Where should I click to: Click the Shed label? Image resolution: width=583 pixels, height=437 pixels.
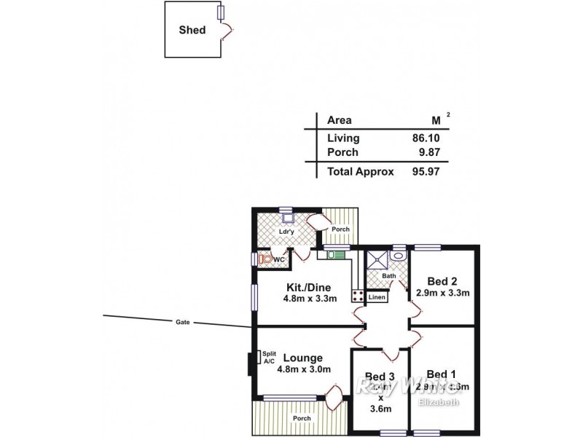[192, 30]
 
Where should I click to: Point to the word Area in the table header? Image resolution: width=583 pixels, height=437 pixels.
[339, 120]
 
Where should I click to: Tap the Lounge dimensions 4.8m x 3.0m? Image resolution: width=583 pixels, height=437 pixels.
[304, 369]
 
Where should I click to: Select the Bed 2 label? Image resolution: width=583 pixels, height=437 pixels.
[442, 282]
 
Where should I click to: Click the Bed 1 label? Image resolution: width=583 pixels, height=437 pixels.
[442, 374]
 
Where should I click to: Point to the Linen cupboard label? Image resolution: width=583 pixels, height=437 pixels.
[377, 297]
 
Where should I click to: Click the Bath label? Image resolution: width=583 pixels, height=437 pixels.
[390, 276]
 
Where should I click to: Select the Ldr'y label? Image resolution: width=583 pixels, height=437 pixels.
[286, 232]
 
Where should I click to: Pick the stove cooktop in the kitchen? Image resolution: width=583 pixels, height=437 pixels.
[359, 296]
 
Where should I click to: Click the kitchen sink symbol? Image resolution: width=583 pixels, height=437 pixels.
[335, 255]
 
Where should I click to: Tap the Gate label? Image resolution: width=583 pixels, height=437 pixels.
[182, 321]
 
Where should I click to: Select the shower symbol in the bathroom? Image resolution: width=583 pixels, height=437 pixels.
[377, 259]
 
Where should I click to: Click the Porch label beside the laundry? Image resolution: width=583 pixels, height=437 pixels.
[340, 229]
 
